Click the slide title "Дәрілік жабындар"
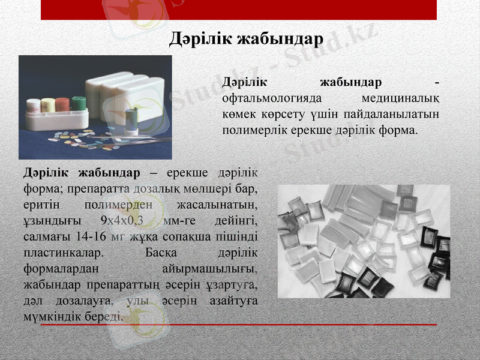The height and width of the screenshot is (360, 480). point(246,38)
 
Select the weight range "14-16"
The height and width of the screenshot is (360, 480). point(92,236)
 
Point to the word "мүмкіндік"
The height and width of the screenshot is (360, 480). point(52,315)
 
